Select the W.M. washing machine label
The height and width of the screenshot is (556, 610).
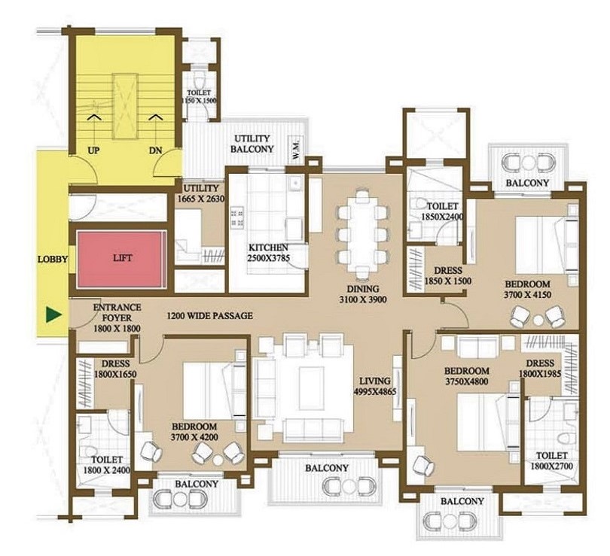coord(296,150)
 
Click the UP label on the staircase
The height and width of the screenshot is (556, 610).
coord(93,150)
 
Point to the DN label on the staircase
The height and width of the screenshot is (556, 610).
coord(156,150)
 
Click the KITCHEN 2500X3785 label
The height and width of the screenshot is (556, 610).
coord(268,252)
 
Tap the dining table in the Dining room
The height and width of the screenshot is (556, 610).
coord(363,234)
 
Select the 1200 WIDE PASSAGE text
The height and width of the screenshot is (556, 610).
coord(209,316)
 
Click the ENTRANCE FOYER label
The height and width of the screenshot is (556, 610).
coord(117,312)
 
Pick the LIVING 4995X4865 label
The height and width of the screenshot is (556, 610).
coord(375,387)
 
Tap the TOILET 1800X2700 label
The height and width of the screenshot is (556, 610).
coord(552,460)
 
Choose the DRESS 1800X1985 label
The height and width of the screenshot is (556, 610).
coord(540,369)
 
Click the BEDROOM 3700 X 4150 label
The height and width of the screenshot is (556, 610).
coord(527,290)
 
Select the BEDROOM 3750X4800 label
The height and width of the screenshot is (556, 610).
coord(466,376)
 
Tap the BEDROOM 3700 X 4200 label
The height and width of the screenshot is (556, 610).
coord(194,431)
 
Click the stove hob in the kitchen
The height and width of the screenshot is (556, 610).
coord(237,217)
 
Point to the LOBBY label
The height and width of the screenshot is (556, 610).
coord(53,259)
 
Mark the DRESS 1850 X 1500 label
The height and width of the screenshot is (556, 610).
coord(448,275)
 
